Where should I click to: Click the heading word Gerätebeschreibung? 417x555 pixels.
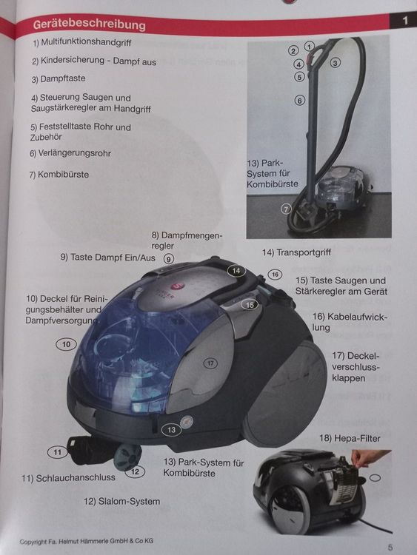tap(90, 24)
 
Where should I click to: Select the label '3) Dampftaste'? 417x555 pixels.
tap(59, 78)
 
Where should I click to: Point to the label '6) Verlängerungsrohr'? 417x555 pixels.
tap(70, 153)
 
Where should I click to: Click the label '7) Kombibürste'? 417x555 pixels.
tap(59, 175)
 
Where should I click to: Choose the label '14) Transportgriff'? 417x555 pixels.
tap(296, 252)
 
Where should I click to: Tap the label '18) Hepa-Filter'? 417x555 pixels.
tap(350, 438)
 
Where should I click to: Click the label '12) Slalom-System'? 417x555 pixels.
tap(122, 501)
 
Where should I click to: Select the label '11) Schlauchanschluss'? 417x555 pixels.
tap(68, 478)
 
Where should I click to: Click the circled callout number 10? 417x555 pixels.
tap(66, 344)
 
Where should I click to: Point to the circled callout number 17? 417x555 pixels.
tap(211, 363)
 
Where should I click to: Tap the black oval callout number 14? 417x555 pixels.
tap(236, 271)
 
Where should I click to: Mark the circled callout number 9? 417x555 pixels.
tap(169, 259)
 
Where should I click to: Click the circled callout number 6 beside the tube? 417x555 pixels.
tap(300, 101)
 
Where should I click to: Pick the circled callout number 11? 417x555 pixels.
tap(57, 452)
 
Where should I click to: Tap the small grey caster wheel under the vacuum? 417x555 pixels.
tap(128, 457)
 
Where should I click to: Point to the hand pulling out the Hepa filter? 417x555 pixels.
tap(368, 457)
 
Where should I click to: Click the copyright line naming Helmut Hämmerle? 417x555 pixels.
tap(87, 541)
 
